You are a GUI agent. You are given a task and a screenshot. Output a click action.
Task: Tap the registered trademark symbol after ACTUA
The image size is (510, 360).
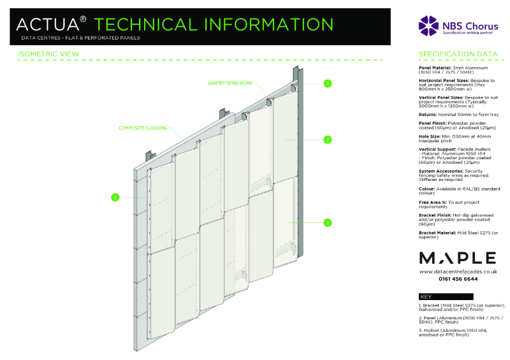tap(83, 19)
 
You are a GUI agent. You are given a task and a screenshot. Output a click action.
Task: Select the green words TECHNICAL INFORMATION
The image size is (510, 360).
tap(214, 24)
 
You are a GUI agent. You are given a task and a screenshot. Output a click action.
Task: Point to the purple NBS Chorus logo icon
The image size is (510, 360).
tap(428, 24)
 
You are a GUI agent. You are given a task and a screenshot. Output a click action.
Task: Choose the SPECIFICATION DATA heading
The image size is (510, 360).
tap(458, 54)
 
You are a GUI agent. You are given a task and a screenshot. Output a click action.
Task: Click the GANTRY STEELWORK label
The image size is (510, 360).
tap(230, 83)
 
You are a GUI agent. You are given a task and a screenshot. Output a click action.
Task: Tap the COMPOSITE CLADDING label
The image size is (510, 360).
tap(143, 128)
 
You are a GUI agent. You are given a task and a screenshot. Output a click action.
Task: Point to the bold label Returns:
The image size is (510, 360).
tap(428, 113)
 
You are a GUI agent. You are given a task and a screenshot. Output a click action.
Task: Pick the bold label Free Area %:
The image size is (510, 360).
tap(435, 202)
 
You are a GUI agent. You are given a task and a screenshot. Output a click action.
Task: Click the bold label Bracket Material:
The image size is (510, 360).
tap(439, 234)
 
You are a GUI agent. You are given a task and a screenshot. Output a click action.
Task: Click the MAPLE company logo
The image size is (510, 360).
tap(457, 257)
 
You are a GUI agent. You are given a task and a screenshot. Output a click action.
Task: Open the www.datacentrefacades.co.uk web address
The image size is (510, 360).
tap(457, 271)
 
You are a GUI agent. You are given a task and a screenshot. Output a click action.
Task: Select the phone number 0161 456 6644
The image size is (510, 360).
tap(457, 279)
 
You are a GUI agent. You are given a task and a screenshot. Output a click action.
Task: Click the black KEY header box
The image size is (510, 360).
tap(446, 296)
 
